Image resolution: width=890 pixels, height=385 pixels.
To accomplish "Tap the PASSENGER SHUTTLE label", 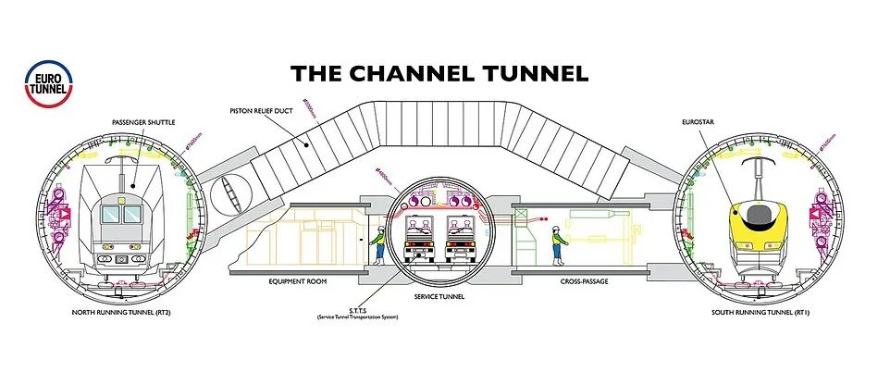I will click(x=143, y=122).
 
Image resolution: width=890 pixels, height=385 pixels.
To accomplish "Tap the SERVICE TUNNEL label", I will click(x=440, y=296).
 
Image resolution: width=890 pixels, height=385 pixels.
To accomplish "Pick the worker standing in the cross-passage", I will click(x=557, y=243).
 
